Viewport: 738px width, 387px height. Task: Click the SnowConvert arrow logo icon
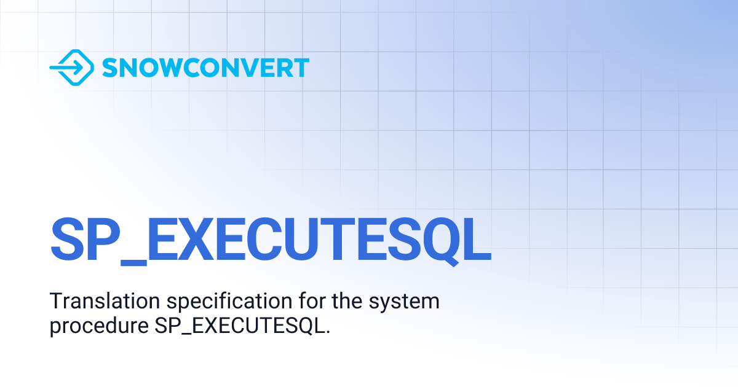71,68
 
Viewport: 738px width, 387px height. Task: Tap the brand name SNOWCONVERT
205,68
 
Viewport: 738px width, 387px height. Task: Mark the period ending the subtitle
328,332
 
